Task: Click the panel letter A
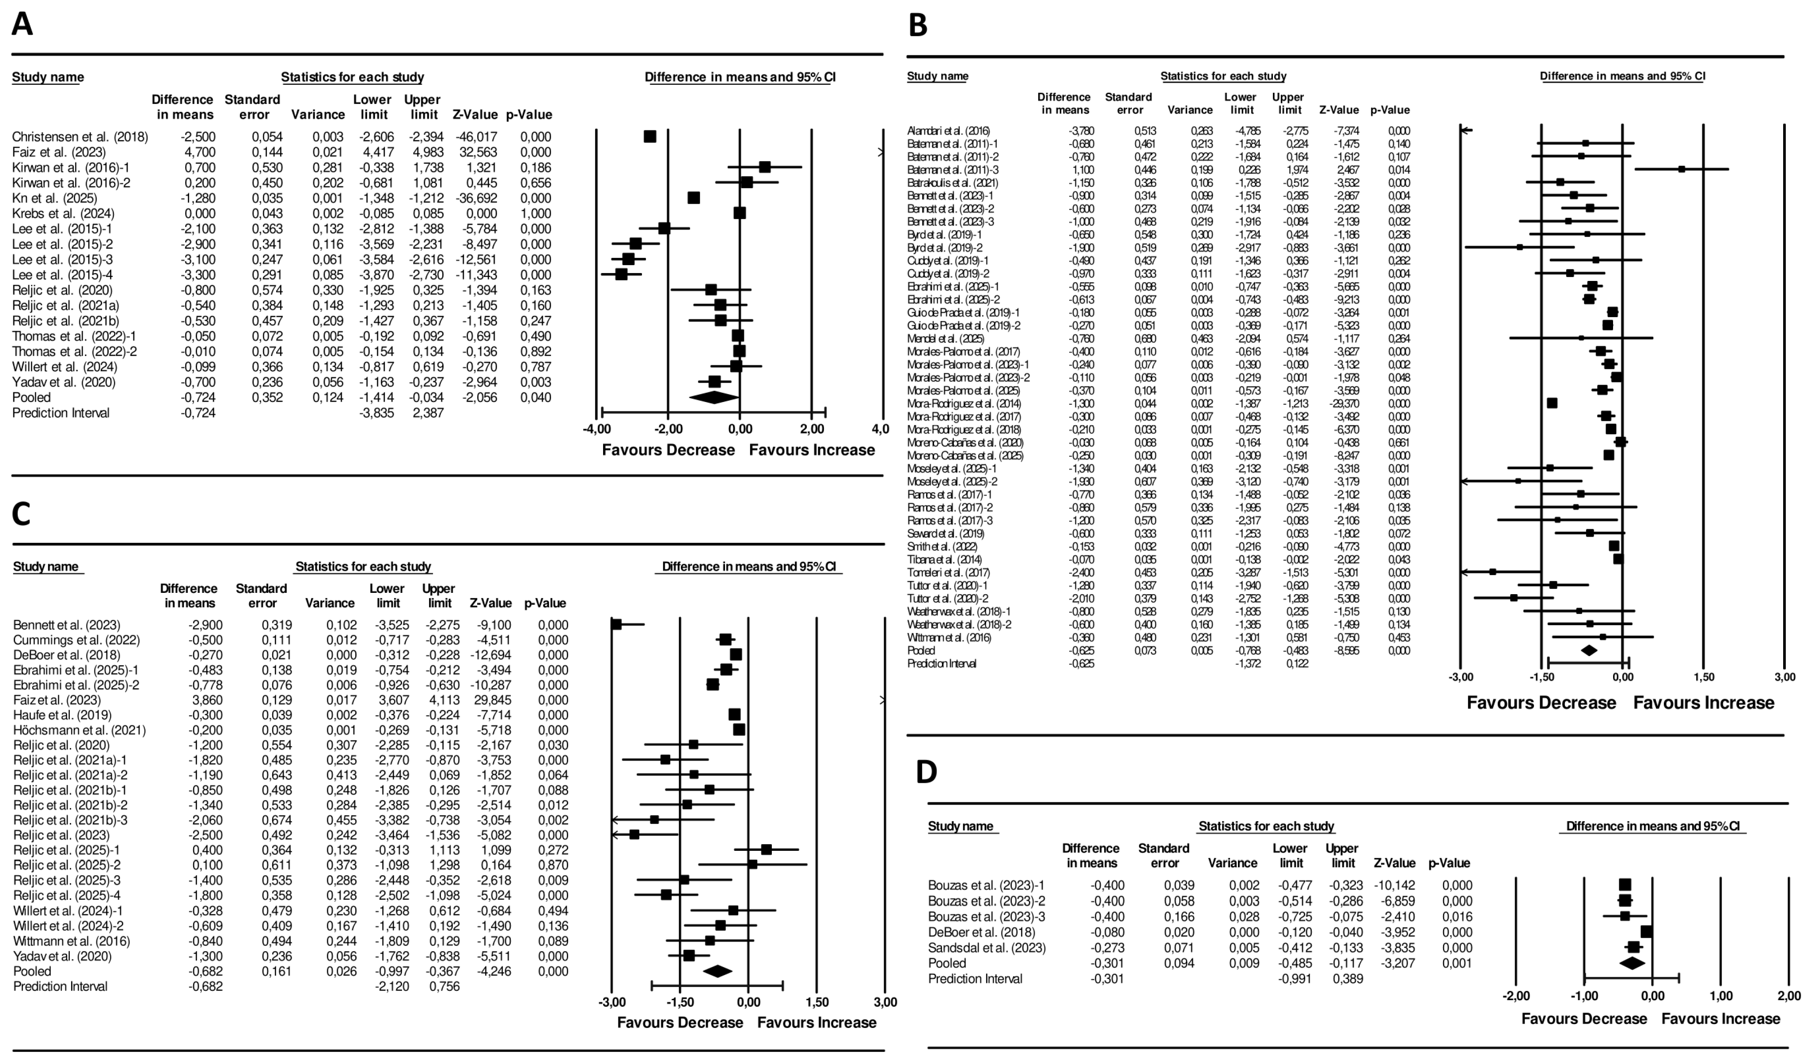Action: click(x=22, y=24)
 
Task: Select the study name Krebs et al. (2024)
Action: click(x=63, y=213)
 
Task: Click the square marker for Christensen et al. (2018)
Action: click(x=649, y=137)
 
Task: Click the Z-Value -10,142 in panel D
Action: click(x=1395, y=885)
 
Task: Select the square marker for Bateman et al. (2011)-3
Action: click(x=1682, y=170)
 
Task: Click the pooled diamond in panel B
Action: click(x=1589, y=650)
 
